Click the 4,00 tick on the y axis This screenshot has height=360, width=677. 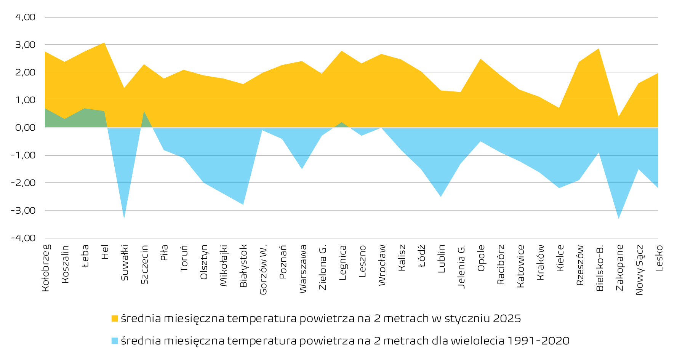(x=25, y=17)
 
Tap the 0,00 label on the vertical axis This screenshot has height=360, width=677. (x=25, y=128)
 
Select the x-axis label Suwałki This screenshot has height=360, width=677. (x=125, y=263)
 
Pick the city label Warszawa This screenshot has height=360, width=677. (x=303, y=269)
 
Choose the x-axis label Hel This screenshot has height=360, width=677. (x=105, y=252)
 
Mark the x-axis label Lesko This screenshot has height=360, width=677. (x=659, y=258)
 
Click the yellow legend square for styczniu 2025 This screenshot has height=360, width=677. (x=115, y=318)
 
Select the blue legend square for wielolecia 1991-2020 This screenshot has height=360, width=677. (x=115, y=341)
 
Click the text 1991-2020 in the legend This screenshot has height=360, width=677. (x=538, y=341)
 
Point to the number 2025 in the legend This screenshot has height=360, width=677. (x=507, y=318)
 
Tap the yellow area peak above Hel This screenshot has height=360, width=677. (x=104, y=43)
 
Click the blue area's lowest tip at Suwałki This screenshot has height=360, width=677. (x=124, y=218)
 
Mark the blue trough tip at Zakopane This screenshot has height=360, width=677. (x=619, y=218)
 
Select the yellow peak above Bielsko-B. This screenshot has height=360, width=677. (x=599, y=49)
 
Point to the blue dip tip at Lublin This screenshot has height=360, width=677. (x=441, y=196)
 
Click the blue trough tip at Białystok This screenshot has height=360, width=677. (x=243, y=204)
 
